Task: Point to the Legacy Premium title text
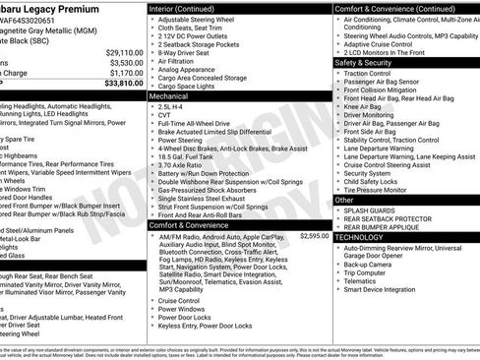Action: pyautogui.click(x=59, y=8)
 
